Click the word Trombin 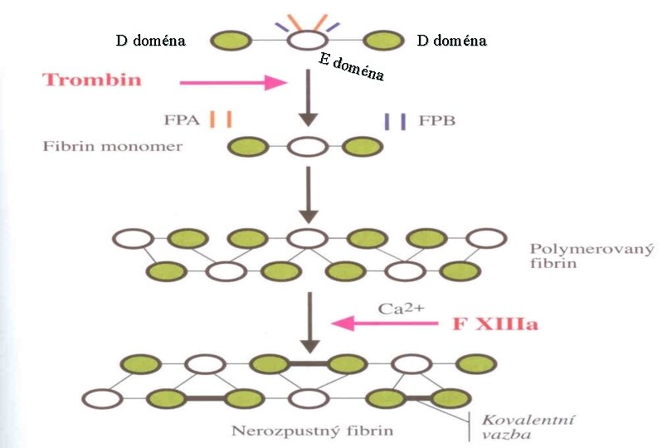92,80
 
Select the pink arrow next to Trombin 233,82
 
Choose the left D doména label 150,40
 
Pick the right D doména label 452,40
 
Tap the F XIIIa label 494,323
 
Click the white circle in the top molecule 307,39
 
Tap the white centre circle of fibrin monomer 307,148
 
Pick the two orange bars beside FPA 221,119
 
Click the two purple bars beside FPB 395,120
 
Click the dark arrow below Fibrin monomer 308,194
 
